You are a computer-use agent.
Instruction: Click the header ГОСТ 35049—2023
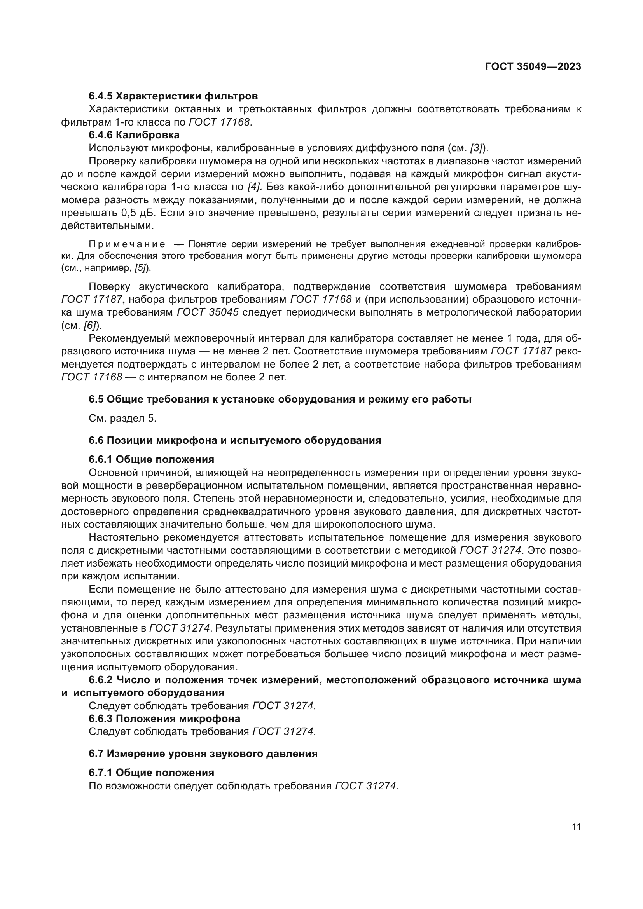[x=533, y=66]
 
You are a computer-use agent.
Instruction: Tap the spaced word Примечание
[x=127, y=244]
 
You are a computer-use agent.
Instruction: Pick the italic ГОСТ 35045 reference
[x=208, y=312]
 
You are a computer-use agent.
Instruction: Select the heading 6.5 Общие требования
[x=280, y=399]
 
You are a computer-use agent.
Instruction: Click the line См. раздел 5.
[x=122, y=419]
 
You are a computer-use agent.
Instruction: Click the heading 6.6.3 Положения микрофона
[x=164, y=719]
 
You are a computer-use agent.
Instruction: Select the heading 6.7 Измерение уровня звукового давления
[x=203, y=754]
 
